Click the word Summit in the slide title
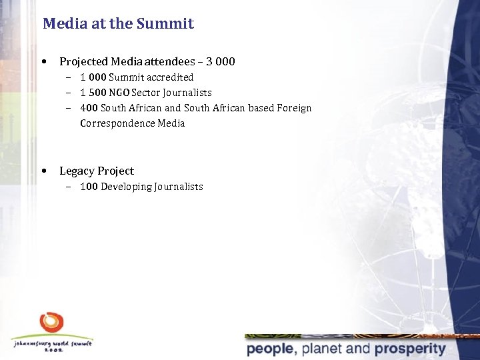coord(165,24)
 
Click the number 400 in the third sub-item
coord(89,108)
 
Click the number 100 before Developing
coord(89,187)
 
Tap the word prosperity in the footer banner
coord(410,349)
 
